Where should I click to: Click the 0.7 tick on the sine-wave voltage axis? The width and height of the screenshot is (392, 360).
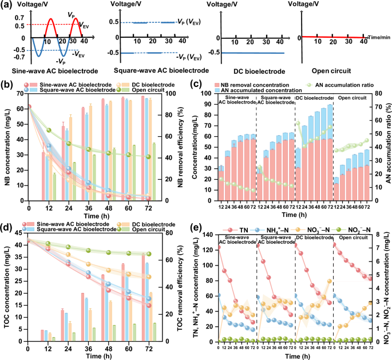20,25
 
